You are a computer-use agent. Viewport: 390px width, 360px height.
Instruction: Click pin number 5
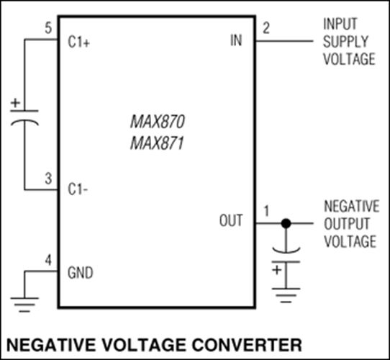pyautogui.click(x=48, y=28)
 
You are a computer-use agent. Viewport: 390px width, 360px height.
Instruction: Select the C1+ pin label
pyautogui.click(x=79, y=42)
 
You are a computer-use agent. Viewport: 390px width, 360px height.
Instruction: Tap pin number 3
pyautogui.click(x=48, y=179)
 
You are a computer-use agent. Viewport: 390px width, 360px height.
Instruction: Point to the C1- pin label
pyautogui.click(x=78, y=189)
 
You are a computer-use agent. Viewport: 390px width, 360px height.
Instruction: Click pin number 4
pyautogui.click(x=48, y=260)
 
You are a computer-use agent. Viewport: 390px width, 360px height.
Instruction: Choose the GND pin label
pyautogui.click(x=81, y=273)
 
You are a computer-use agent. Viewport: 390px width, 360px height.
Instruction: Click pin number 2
pyautogui.click(x=266, y=28)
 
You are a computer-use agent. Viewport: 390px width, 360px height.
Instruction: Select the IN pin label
pyautogui.click(x=236, y=40)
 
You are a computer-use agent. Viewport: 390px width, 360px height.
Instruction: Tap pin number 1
pyautogui.click(x=266, y=211)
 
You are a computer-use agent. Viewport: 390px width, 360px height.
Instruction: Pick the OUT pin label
pyautogui.click(x=231, y=220)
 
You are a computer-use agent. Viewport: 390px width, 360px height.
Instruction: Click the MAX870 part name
pyautogui.click(x=158, y=122)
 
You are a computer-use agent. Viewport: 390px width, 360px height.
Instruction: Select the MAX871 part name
pyautogui.click(x=157, y=143)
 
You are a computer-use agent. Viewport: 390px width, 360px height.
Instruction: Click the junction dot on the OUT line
pyautogui.click(x=286, y=223)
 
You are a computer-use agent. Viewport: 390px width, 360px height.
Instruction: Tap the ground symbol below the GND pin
pyautogui.click(x=24, y=305)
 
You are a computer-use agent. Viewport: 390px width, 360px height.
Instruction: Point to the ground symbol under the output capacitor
pyautogui.click(x=286, y=295)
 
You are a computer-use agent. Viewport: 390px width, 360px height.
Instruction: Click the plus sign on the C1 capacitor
pyautogui.click(x=15, y=103)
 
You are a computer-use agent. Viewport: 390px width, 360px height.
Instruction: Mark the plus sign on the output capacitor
pyautogui.click(x=277, y=270)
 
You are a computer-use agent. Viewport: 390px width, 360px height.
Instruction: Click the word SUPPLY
pyautogui.click(x=345, y=42)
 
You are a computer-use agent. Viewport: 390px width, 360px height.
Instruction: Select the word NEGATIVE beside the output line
pyautogui.click(x=352, y=206)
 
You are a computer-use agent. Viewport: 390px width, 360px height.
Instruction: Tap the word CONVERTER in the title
pyautogui.click(x=247, y=345)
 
